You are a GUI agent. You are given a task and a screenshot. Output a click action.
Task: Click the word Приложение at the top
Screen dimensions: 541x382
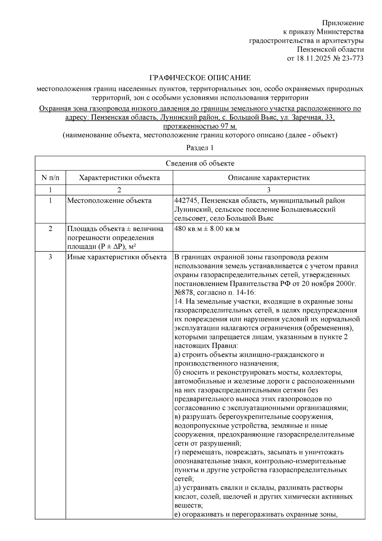click(x=343, y=23)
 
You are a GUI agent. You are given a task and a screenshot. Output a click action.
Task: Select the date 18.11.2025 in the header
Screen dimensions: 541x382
click(x=312, y=58)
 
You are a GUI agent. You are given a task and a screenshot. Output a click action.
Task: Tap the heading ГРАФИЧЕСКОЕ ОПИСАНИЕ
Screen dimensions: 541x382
click(x=200, y=78)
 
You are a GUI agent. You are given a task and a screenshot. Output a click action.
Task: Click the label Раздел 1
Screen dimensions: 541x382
click(x=200, y=148)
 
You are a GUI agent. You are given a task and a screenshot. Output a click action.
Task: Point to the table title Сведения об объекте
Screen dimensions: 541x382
click(x=200, y=163)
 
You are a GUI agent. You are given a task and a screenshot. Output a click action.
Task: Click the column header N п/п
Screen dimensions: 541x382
click(x=50, y=177)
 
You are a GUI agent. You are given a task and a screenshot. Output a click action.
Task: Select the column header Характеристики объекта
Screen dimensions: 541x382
click(x=119, y=177)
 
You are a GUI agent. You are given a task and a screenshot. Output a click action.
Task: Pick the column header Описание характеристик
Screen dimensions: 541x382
click(x=269, y=177)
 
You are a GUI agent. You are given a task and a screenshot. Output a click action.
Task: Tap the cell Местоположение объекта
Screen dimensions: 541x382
click(x=109, y=201)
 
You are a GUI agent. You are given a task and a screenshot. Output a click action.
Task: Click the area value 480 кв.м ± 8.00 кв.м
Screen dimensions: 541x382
click(x=207, y=229)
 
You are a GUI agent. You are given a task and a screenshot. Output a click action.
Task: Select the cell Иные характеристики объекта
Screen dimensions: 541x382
click(x=117, y=257)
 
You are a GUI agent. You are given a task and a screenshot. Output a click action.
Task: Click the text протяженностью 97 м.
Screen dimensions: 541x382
click(x=200, y=126)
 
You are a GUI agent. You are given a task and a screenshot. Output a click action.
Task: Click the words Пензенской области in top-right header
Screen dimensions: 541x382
click(x=330, y=49)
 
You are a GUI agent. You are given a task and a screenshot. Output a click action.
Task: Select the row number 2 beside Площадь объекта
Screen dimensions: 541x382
click(x=50, y=229)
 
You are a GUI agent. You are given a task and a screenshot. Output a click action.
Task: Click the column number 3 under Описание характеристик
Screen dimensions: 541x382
click(x=269, y=190)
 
